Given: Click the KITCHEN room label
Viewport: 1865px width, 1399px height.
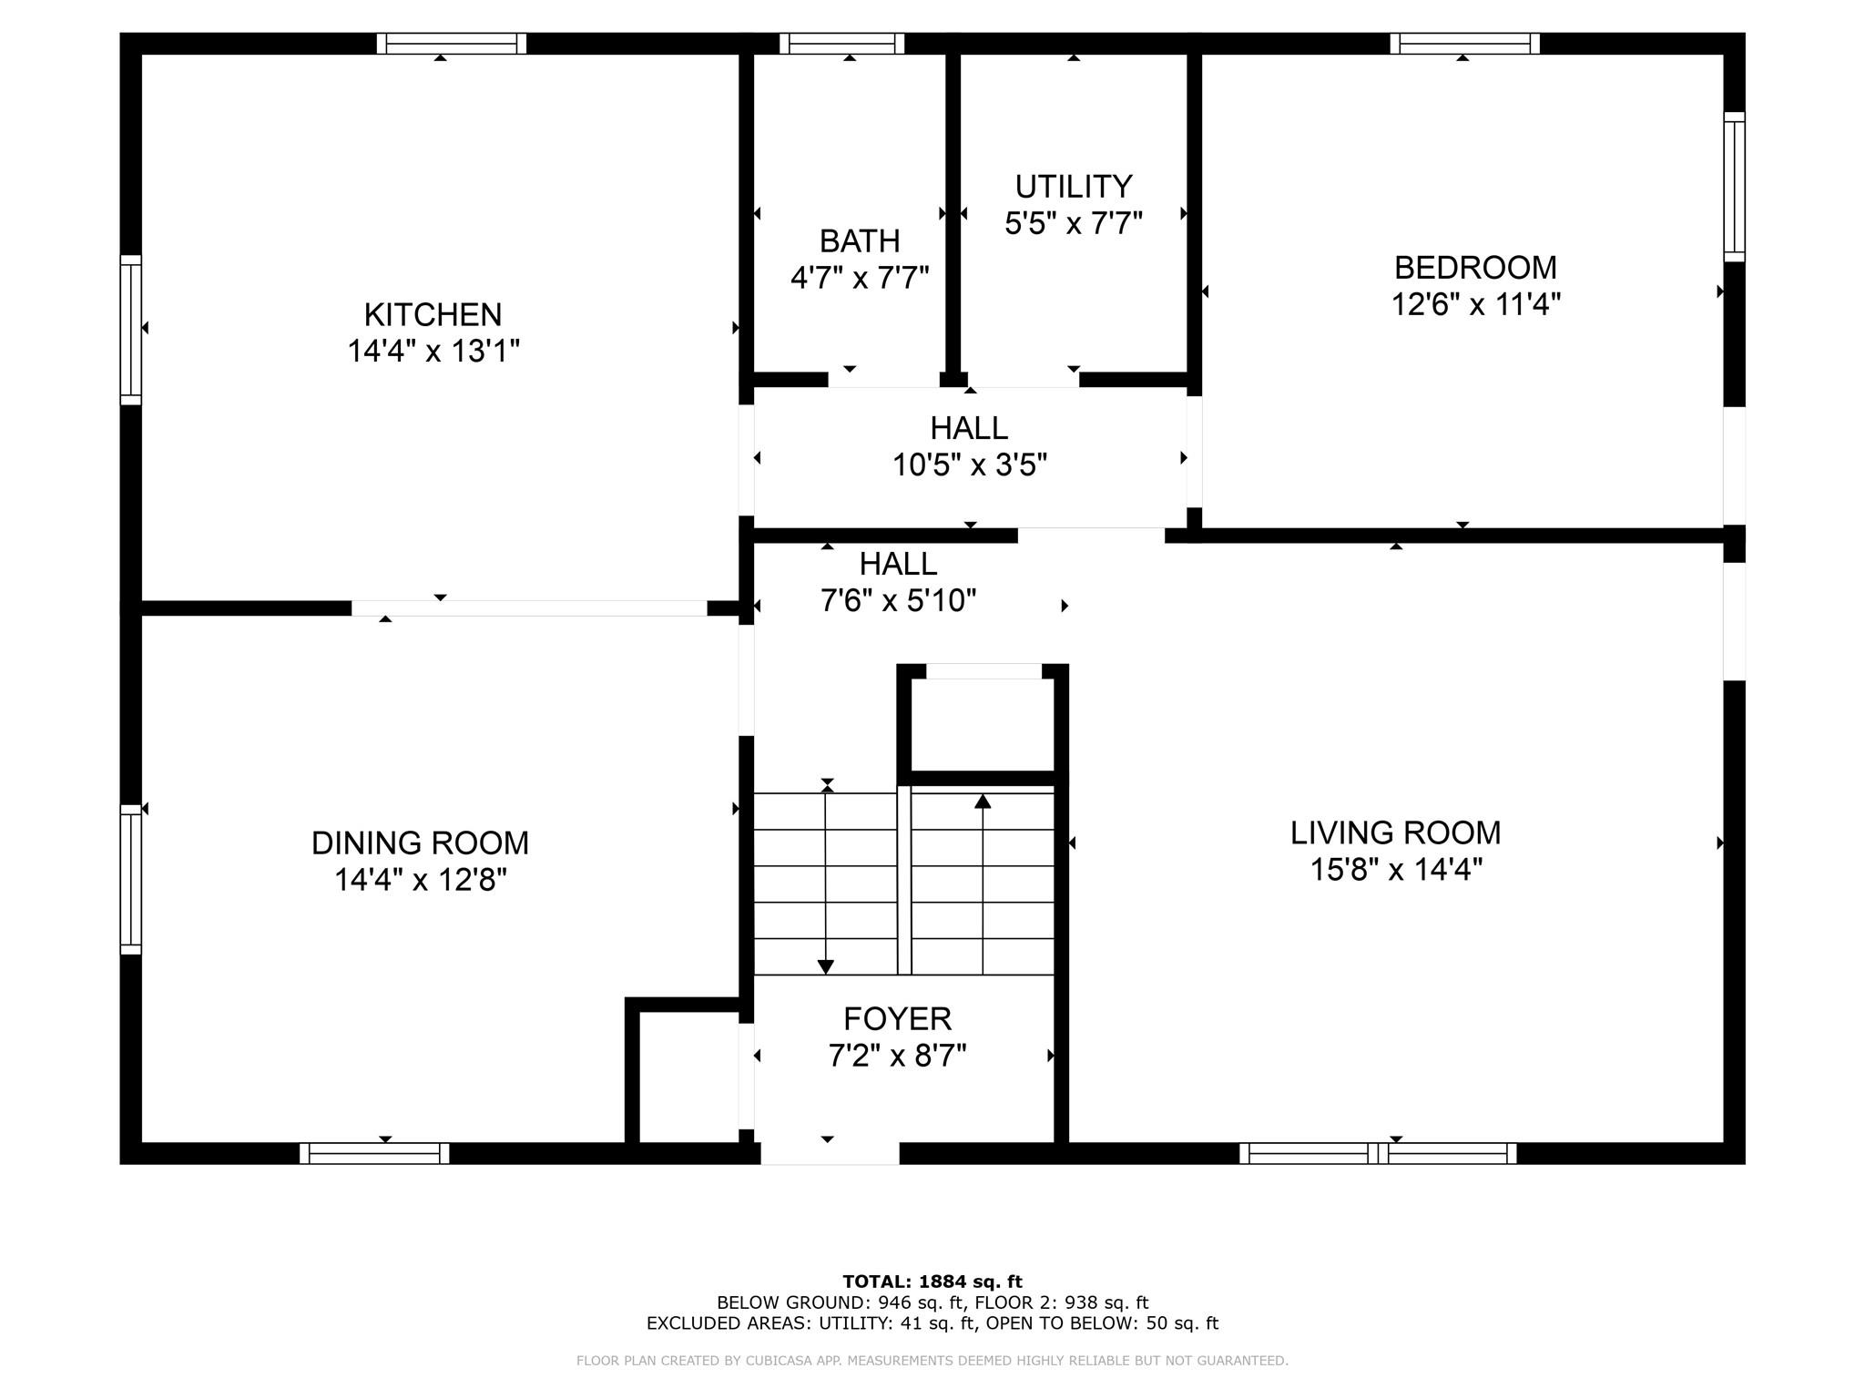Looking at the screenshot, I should point(433,314).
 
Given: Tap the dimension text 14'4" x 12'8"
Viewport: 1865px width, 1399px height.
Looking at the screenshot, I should point(420,880).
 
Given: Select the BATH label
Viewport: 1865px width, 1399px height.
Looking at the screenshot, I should point(859,241).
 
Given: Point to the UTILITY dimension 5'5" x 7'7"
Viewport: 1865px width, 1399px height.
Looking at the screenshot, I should point(1073,223).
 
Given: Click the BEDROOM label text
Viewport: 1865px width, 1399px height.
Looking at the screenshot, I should point(1475,268).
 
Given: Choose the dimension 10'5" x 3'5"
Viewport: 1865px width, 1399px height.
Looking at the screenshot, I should point(969,465).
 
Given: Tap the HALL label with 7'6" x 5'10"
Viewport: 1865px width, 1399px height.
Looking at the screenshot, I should point(898,565).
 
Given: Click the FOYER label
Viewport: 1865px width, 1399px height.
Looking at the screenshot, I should point(897,1018).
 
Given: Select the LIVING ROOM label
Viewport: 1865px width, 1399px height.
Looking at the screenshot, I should point(1395,832).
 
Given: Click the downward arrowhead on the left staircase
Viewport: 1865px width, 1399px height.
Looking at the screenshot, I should point(826,966).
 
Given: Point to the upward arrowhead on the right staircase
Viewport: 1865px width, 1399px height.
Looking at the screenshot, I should point(983,802).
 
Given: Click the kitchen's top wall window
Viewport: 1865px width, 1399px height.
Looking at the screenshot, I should point(452,43).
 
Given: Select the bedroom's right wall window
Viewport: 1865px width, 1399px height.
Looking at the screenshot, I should point(1734,187).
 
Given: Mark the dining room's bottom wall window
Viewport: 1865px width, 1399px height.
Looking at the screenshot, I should point(374,1153).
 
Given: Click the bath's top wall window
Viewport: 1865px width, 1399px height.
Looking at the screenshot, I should point(841,43).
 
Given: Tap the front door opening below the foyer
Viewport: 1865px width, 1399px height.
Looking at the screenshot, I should point(830,1153).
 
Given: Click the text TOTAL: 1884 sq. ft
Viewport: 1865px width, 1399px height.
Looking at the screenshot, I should point(932,1282).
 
